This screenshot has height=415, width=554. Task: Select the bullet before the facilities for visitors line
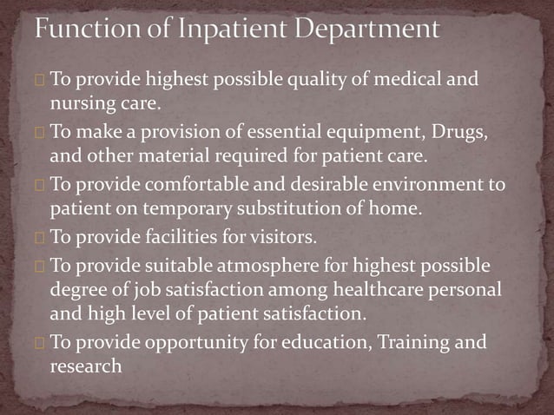click(40, 237)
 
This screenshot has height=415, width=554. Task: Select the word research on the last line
click(85, 366)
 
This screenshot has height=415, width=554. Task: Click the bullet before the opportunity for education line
click(40, 342)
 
